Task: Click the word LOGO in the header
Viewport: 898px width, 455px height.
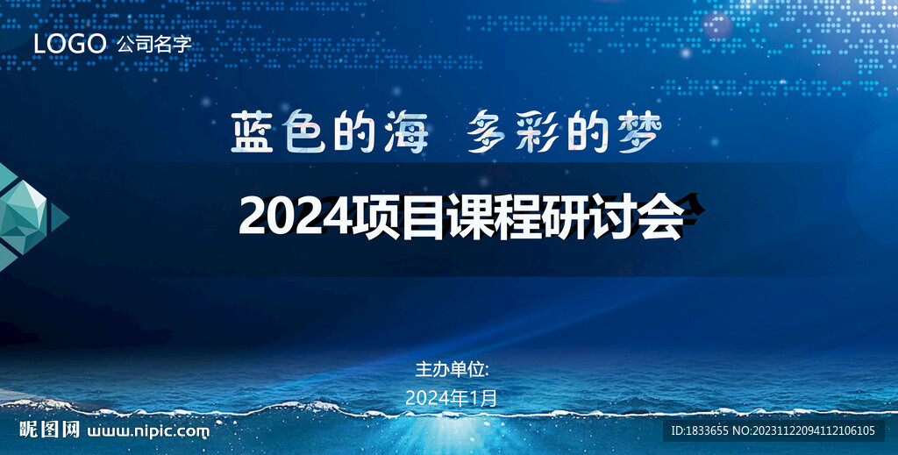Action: click(69, 43)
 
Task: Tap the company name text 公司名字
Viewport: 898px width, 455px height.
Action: click(153, 44)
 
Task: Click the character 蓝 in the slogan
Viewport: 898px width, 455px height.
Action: click(253, 133)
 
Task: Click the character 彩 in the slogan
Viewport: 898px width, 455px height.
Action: click(538, 133)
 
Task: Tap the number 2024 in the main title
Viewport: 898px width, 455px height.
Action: click(295, 216)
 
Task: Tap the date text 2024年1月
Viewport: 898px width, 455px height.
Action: click(452, 398)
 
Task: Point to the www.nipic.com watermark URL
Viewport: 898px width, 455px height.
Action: click(149, 431)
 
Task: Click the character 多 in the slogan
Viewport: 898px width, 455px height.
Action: click(488, 133)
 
